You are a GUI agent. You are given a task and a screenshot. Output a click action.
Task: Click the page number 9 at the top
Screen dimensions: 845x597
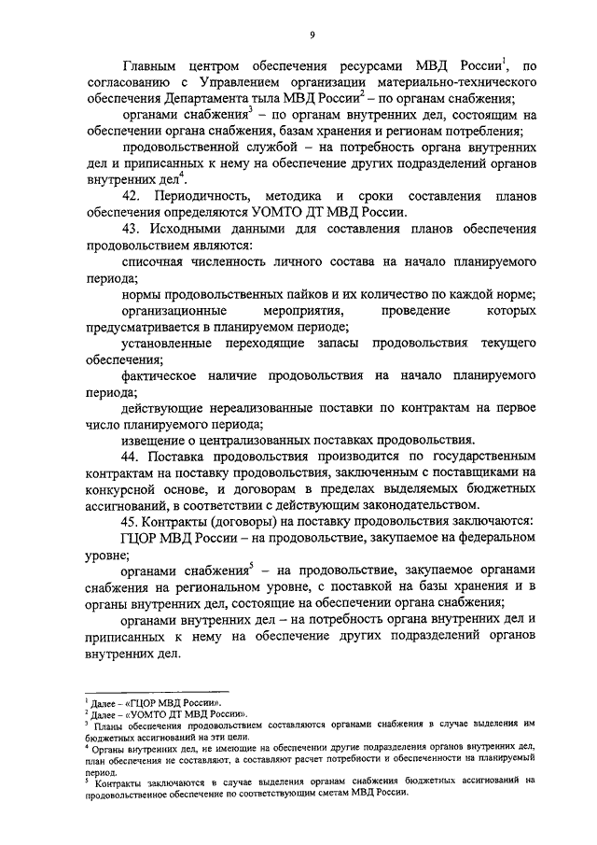tap(312, 35)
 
